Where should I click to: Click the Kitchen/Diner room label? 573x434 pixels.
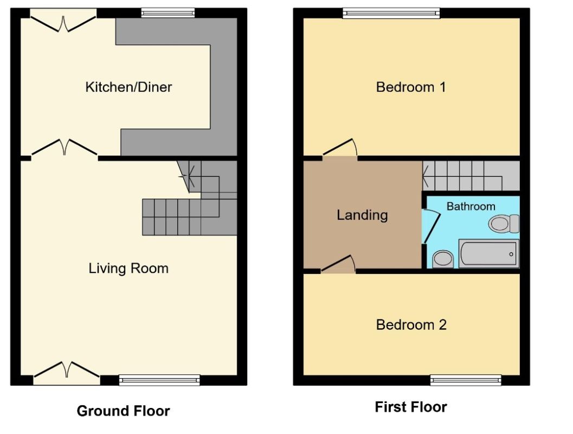(x=128, y=87)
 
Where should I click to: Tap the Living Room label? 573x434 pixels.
(x=128, y=269)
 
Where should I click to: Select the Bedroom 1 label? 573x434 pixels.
(x=411, y=87)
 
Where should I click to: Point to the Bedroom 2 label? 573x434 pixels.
(x=411, y=324)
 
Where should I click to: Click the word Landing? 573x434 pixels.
(x=362, y=215)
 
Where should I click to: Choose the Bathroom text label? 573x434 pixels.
(x=471, y=207)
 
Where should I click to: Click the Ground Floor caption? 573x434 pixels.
(x=124, y=411)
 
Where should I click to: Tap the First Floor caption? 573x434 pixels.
(x=411, y=407)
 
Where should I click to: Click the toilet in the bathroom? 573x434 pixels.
(x=504, y=224)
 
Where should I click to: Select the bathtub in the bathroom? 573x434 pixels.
(x=489, y=253)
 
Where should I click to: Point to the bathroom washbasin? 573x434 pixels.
(x=443, y=259)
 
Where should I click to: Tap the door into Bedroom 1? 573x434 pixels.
(x=339, y=149)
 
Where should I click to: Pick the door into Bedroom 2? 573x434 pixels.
(x=338, y=264)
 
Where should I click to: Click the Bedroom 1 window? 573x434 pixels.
(x=391, y=13)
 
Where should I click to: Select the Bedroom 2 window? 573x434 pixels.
(x=466, y=380)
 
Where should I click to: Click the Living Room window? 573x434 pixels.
(x=159, y=380)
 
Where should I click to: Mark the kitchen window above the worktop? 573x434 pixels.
(x=168, y=13)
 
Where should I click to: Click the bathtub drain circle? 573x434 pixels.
(x=511, y=254)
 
